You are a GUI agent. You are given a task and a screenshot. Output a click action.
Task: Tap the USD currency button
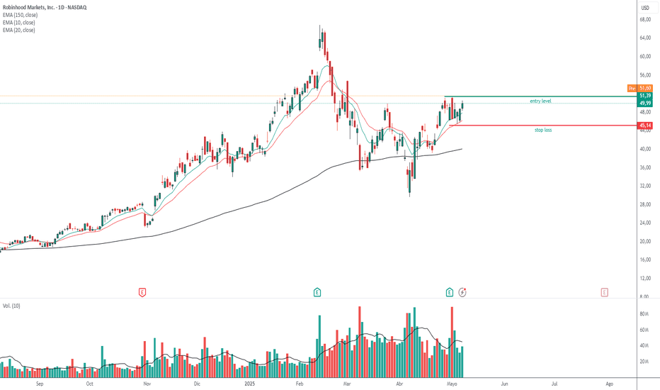pos(645,8)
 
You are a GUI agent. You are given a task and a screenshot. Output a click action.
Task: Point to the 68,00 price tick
pos(645,20)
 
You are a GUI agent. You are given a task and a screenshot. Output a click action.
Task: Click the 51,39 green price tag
pos(644,96)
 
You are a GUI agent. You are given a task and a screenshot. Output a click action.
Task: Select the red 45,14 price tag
pos(644,126)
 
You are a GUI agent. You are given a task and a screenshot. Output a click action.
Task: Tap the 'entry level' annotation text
pos(540,101)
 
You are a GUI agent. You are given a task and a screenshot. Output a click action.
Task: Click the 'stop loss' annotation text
pos(543,130)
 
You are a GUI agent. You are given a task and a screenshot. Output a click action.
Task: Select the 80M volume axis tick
pos(645,313)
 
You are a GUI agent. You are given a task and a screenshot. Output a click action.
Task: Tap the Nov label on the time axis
pos(147,383)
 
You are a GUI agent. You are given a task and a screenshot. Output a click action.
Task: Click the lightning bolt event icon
pos(463,291)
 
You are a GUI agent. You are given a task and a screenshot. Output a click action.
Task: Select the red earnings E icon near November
pos(142,291)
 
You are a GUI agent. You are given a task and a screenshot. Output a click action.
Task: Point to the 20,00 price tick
pos(645,241)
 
